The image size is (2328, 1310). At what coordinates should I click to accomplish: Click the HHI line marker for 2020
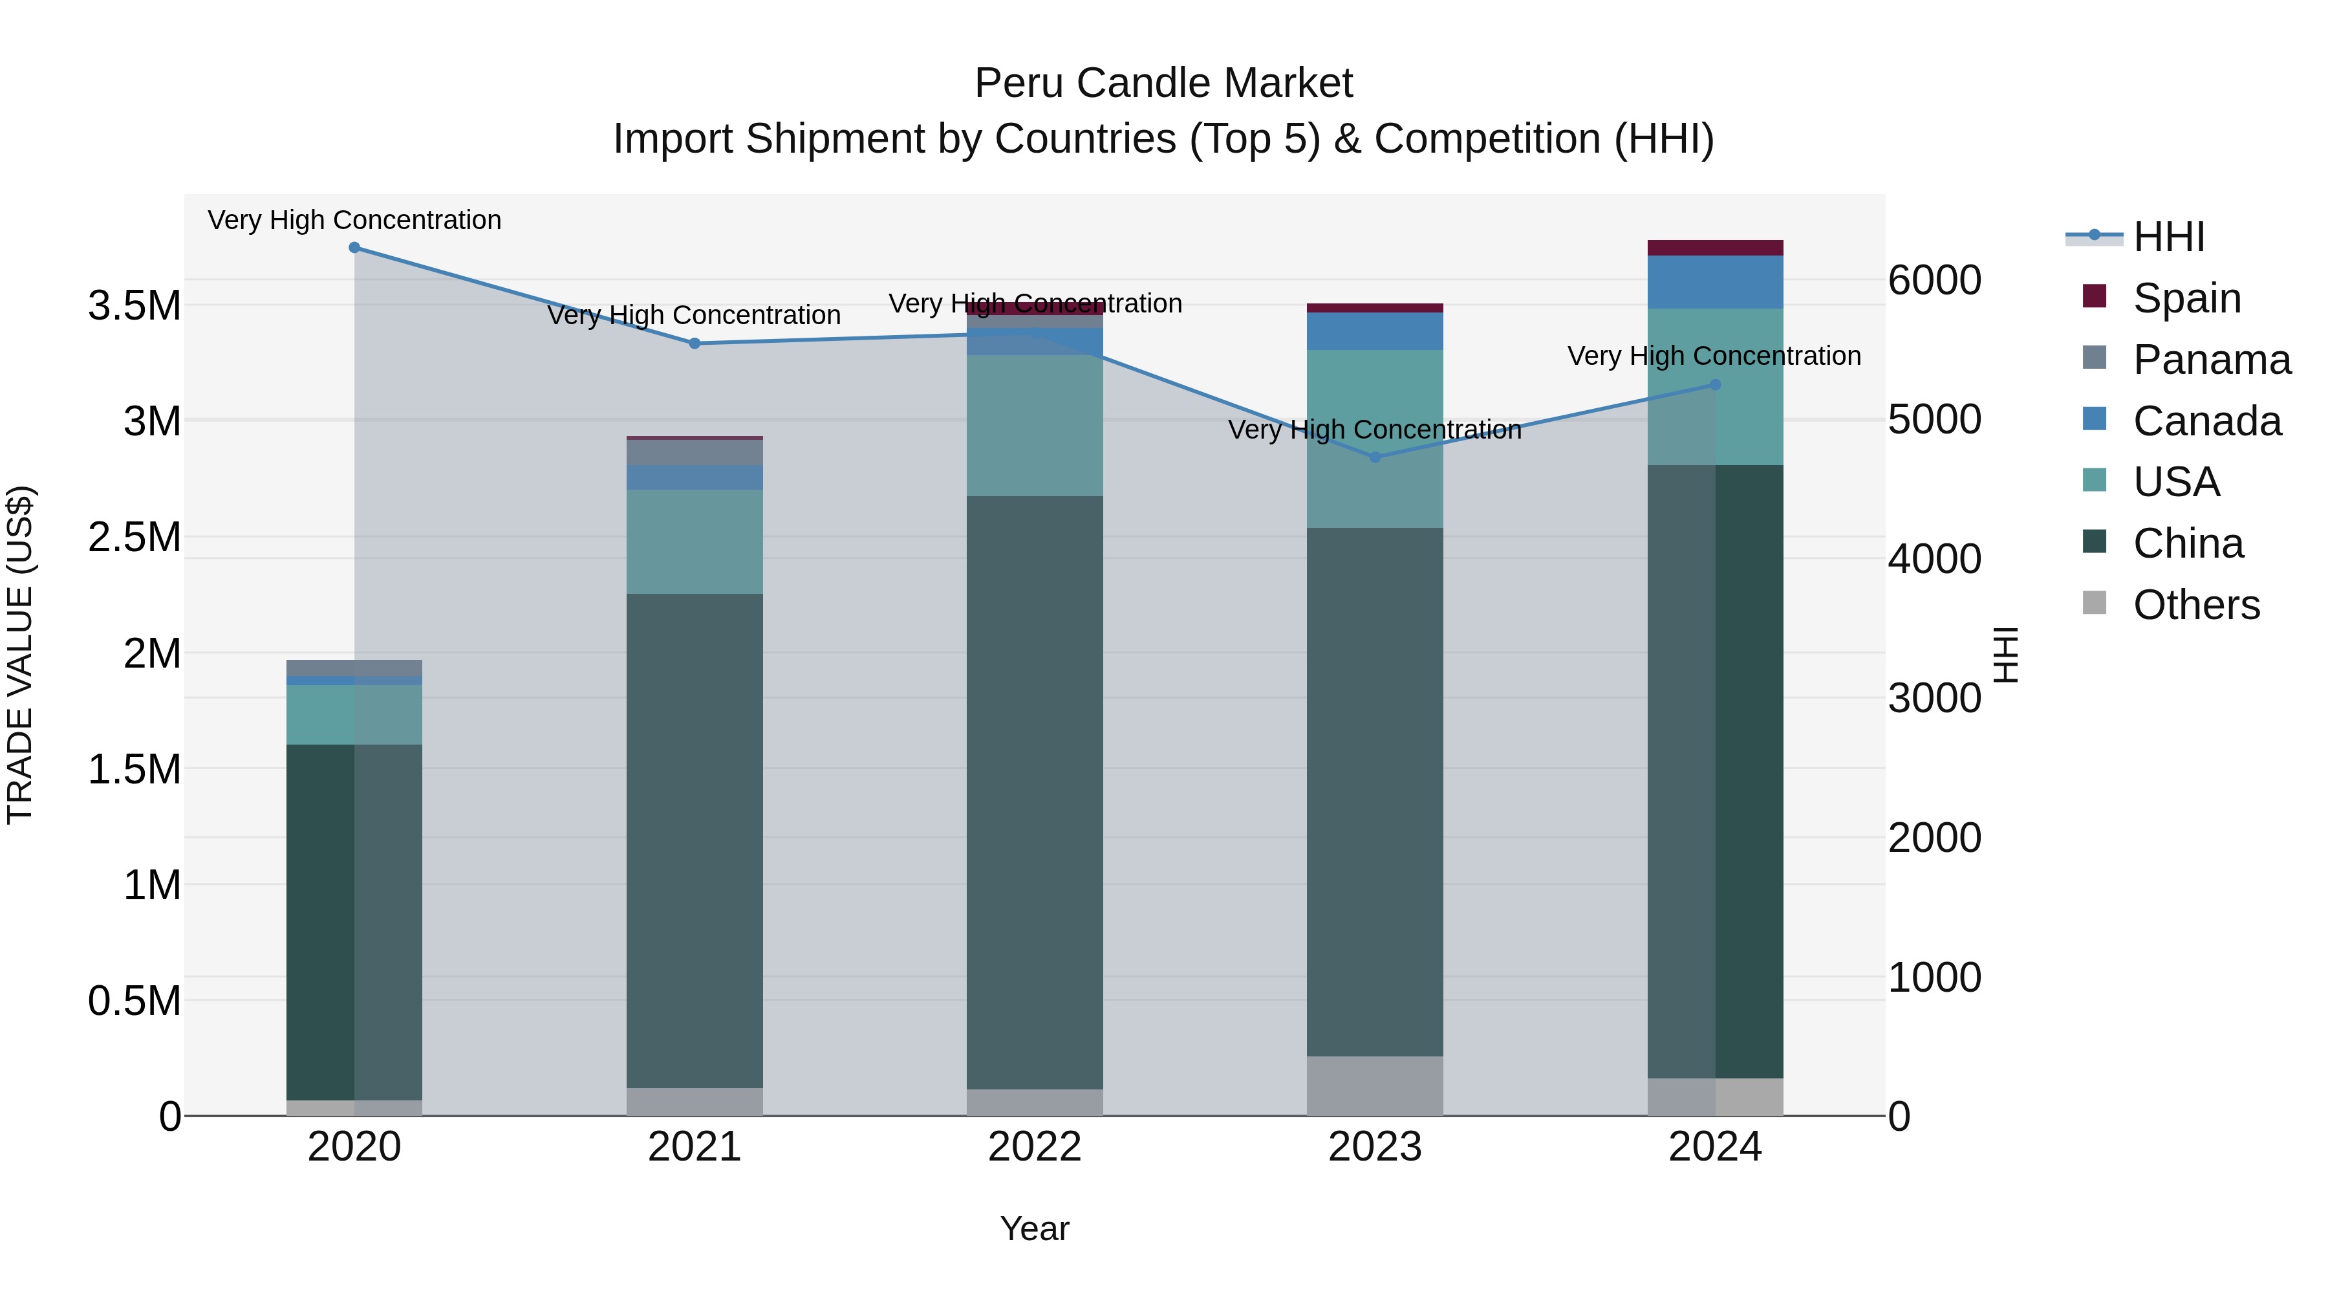click(354, 248)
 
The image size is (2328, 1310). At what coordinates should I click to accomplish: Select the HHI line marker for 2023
click(1375, 457)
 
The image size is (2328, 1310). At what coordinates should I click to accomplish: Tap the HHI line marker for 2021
click(694, 344)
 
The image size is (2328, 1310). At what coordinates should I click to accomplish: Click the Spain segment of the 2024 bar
click(1714, 248)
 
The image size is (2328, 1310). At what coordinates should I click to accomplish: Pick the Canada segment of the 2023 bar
click(1375, 331)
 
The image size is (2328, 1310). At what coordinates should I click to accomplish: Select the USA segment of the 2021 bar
click(694, 541)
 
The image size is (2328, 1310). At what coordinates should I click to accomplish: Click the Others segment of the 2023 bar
click(1375, 1086)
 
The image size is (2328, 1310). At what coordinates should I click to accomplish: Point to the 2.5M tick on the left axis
click(134, 537)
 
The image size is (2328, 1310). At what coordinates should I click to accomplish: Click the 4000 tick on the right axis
click(1934, 559)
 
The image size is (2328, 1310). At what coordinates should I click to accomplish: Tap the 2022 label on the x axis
click(1035, 1147)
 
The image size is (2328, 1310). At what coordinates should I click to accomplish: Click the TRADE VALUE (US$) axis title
click(20, 655)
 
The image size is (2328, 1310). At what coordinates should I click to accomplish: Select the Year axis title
click(1035, 1228)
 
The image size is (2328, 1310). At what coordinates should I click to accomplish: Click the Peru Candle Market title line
click(1163, 83)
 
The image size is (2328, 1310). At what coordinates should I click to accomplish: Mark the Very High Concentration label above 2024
click(1714, 356)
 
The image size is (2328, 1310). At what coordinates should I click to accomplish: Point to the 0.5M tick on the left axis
click(134, 1001)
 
